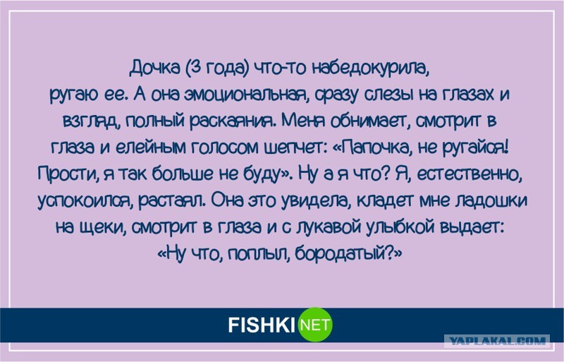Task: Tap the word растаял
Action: [x=172, y=201]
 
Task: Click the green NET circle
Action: [x=316, y=325]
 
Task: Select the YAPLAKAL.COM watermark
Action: [x=497, y=341]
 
